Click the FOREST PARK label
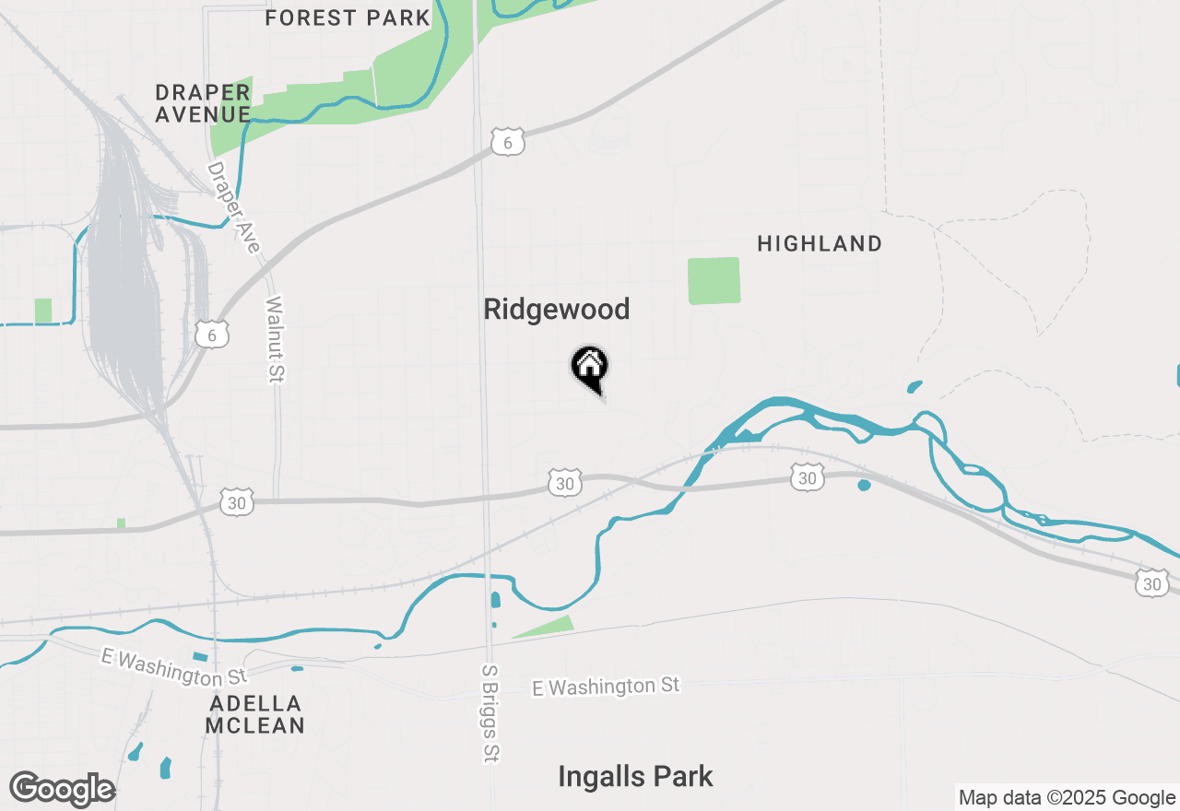click(x=348, y=18)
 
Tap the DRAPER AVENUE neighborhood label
click(x=203, y=103)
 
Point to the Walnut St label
click(x=276, y=339)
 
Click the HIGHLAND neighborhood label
click(x=820, y=244)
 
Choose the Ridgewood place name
click(x=557, y=310)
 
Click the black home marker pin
click(x=590, y=368)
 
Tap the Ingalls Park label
click(x=635, y=777)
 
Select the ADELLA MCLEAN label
click(x=255, y=714)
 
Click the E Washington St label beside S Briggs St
click(x=607, y=687)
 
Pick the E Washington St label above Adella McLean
click(x=174, y=667)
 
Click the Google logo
click(x=62, y=790)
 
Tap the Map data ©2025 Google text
click(x=1067, y=798)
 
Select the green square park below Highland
click(x=714, y=280)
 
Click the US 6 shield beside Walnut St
click(x=212, y=335)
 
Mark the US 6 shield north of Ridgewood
click(x=508, y=142)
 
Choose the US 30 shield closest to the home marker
click(x=565, y=482)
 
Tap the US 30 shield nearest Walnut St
click(x=237, y=502)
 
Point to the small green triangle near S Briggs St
click(x=546, y=627)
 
